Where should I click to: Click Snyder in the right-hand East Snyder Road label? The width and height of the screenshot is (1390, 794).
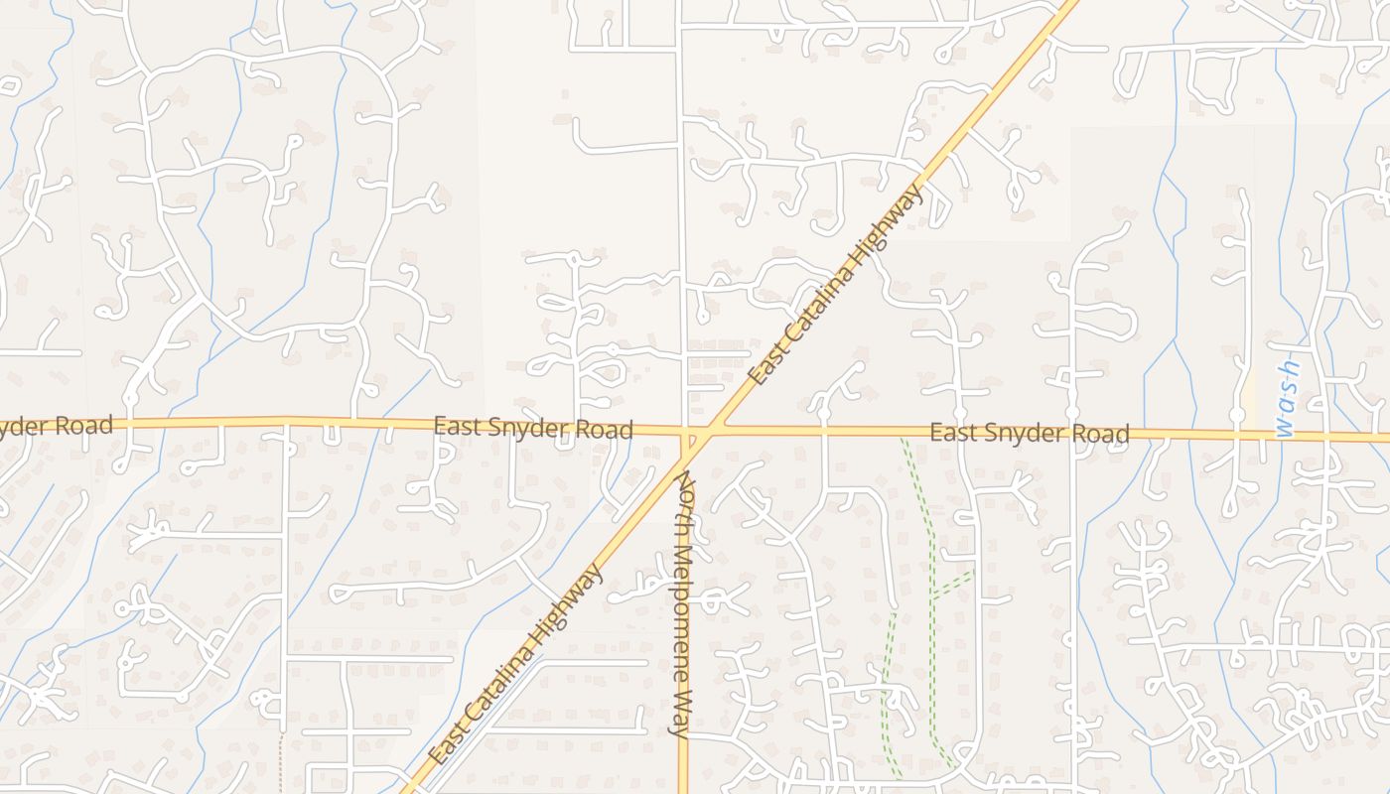1030,434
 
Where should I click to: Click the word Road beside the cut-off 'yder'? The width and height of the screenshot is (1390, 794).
84,426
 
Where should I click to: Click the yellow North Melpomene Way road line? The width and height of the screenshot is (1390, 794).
683,764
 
